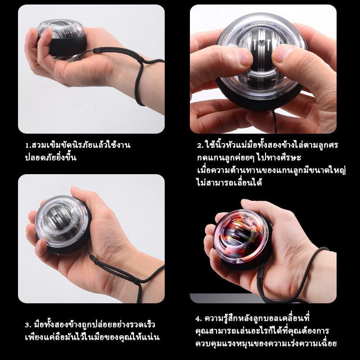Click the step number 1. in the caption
(28, 145)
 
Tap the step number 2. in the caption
(200, 145)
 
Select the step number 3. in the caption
(28, 325)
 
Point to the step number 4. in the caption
(199, 319)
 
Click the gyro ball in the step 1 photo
(61, 39)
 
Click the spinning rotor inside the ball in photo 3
(60, 221)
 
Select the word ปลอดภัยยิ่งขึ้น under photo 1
(50, 158)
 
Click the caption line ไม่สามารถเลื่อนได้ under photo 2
(229, 183)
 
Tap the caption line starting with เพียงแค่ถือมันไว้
(92, 337)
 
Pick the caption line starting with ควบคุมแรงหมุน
(266, 343)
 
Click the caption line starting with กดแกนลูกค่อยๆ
(249, 157)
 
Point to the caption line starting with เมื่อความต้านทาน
(271, 171)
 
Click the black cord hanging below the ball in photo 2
(274, 121)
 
